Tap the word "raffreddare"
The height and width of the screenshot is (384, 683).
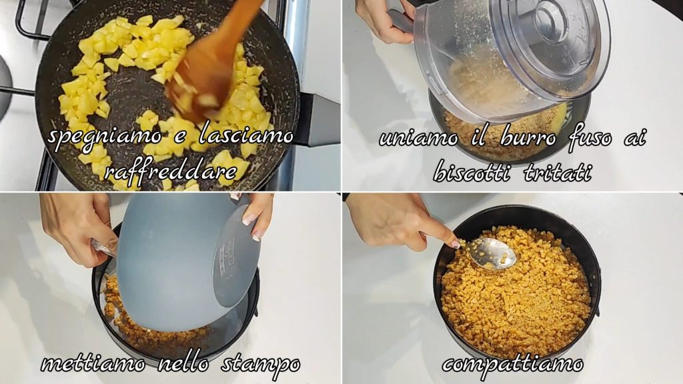click(170, 171)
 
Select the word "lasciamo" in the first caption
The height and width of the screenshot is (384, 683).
click(246, 135)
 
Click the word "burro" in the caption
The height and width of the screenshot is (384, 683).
click(528, 137)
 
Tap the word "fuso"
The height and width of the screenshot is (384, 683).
click(590, 137)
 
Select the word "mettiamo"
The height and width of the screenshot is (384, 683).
click(93, 363)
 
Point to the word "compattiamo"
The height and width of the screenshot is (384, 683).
click(513, 363)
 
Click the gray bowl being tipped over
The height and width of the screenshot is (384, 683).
click(183, 261)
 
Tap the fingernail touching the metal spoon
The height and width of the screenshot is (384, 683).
click(455, 244)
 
